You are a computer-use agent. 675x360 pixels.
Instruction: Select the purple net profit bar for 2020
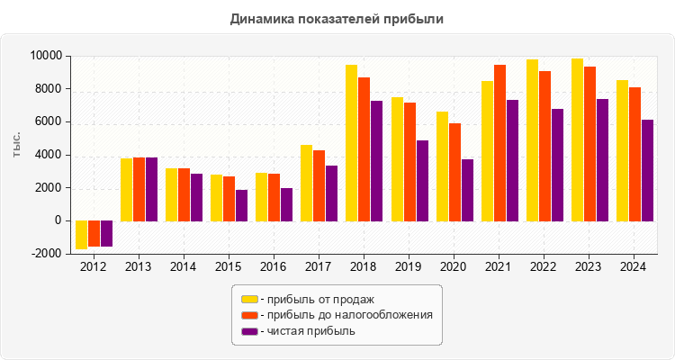pos(467,190)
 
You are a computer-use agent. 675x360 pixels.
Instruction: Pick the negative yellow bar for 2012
pos(81,235)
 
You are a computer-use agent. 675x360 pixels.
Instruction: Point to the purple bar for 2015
pos(241,205)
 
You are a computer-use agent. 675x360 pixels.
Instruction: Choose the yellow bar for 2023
pos(577,139)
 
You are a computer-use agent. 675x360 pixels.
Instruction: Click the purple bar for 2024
pos(647,170)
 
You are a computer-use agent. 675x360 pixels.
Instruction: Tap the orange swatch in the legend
pos(249,315)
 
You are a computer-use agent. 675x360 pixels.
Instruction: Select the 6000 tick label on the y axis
pos(48,121)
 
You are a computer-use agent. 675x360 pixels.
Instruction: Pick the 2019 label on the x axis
pos(409,267)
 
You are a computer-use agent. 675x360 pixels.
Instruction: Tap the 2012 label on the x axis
pos(94,267)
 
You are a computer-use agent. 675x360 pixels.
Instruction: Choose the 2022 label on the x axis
pos(544,267)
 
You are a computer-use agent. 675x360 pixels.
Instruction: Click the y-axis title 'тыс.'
pos(17,145)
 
